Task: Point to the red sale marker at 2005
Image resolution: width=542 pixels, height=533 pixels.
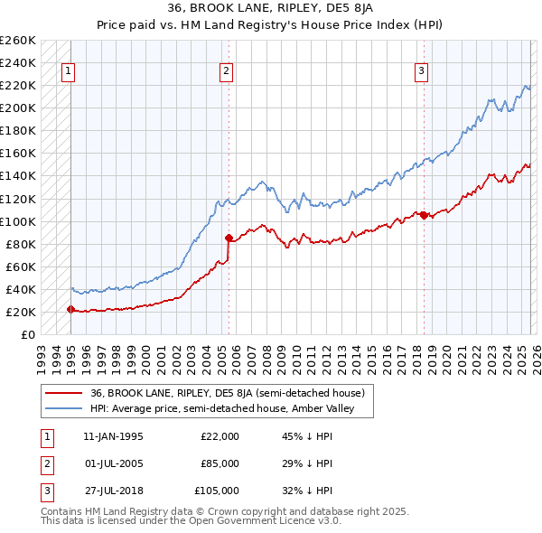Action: (x=229, y=238)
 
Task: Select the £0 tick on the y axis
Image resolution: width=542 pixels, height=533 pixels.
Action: (x=27, y=334)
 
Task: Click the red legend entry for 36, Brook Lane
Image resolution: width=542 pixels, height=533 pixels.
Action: (x=227, y=393)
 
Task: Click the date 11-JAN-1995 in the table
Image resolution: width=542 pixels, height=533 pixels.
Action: (x=113, y=436)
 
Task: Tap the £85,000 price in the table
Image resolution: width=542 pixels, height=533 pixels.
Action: (x=220, y=463)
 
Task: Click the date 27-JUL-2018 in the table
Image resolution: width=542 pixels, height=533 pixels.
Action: (x=113, y=491)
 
